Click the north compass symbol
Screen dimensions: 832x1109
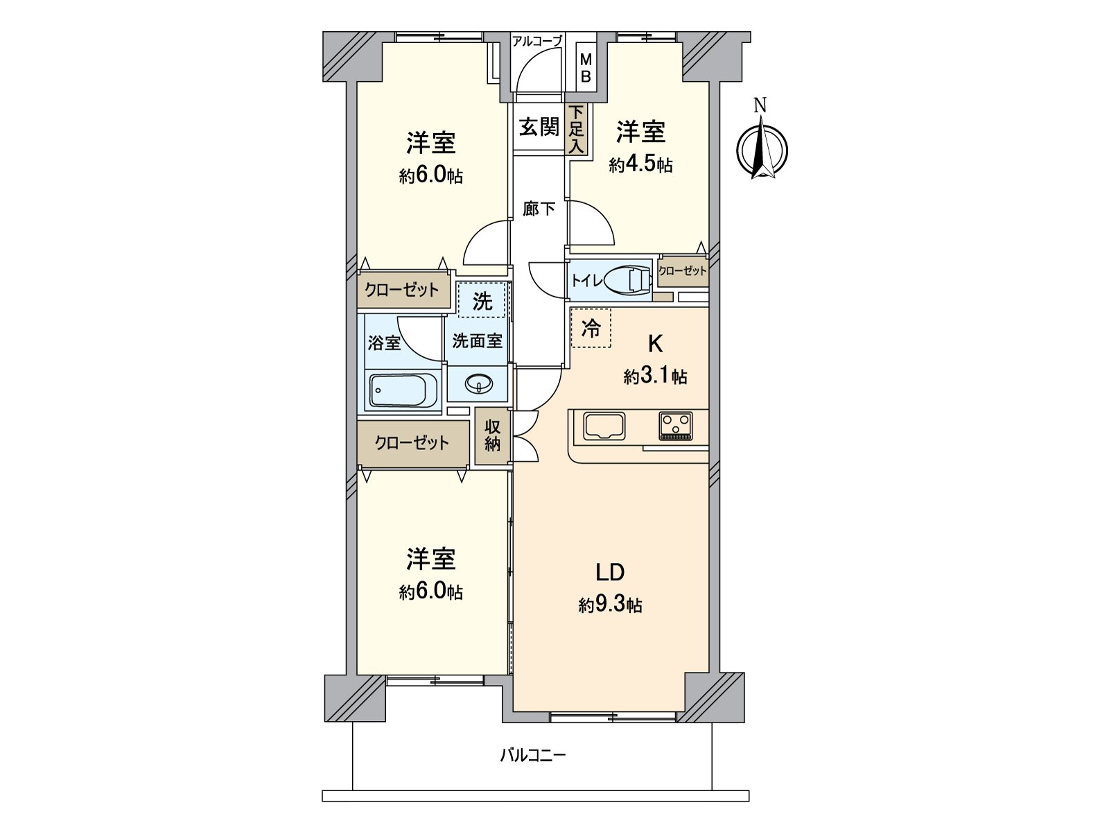761,148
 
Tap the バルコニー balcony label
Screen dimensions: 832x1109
533,754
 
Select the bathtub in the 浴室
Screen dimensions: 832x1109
403,391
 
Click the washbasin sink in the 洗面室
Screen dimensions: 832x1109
478,383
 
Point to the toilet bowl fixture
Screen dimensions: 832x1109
627,280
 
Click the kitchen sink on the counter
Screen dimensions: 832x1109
604,426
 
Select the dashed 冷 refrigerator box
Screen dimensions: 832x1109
591,328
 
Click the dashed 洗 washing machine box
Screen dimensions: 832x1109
482,301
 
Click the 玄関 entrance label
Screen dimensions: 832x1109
539,127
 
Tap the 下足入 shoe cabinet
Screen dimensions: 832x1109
577,130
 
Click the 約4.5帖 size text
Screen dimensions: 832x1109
640,165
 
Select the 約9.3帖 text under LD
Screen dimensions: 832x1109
610,605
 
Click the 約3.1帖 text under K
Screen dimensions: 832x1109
655,376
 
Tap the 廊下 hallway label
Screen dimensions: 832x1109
539,208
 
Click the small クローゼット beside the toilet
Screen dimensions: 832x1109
683,271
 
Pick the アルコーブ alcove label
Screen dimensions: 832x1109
536,41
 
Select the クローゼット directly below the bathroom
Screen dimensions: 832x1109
412,442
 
